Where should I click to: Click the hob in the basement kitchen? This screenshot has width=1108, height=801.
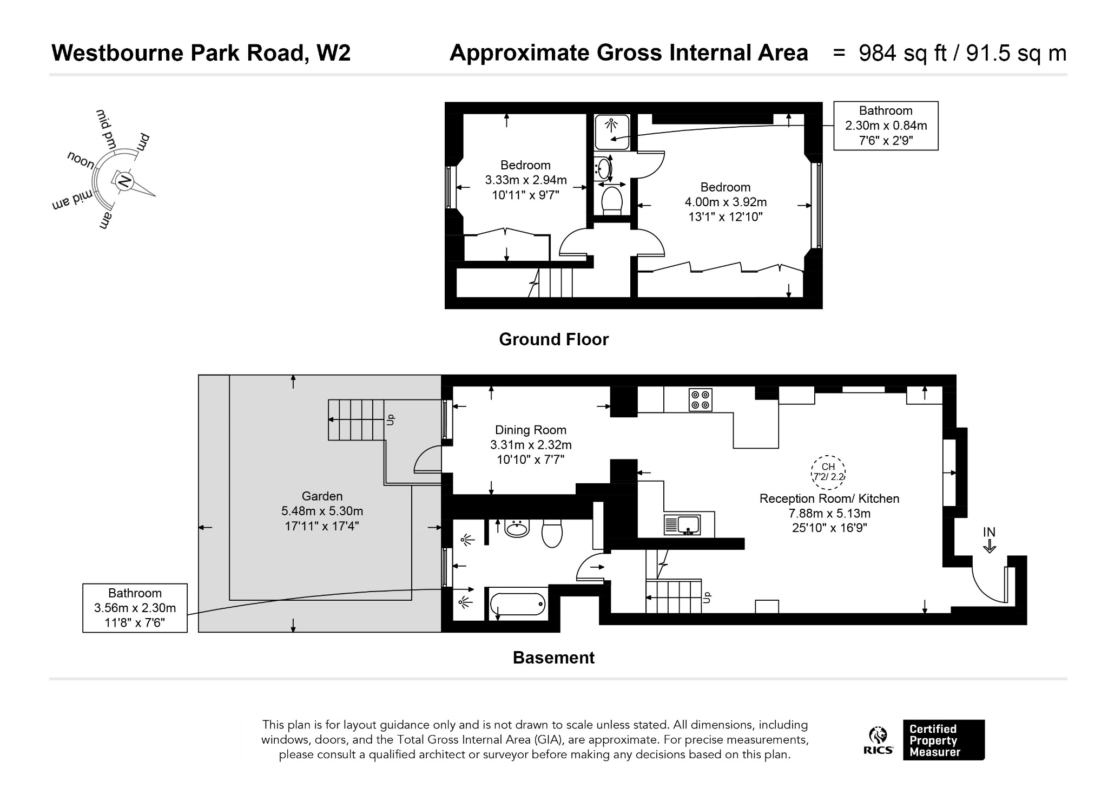tap(701, 400)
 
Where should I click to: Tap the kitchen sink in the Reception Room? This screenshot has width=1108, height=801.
tap(682, 524)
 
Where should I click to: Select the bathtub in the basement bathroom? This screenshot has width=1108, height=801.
tap(518, 604)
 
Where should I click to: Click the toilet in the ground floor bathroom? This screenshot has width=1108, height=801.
tap(612, 200)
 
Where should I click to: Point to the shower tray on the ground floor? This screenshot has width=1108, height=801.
tap(612, 132)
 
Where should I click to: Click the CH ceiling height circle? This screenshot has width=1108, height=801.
tap(828, 472)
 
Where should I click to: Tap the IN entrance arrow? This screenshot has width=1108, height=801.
tap(990, 540)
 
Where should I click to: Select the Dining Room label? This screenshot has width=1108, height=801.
tap(531, 430)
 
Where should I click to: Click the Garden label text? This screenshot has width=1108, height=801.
tap(322, 496)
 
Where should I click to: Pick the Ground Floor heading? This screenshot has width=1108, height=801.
tap(553, 339)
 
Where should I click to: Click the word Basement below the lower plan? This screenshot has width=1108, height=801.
tap(553, 658)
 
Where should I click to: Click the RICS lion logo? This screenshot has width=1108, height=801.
tap(878, 736)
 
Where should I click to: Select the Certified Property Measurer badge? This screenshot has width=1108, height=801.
tap(944, 740)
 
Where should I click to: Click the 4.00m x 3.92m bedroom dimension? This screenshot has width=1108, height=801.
tap(726, 202)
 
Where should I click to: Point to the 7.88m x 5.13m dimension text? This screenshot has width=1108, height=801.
tap(829, 513)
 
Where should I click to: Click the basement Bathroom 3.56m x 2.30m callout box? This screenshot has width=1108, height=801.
tap(135, 608)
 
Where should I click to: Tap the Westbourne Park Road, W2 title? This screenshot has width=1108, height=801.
tap(201, 53)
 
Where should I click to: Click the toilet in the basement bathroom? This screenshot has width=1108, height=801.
tap(552, 534)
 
